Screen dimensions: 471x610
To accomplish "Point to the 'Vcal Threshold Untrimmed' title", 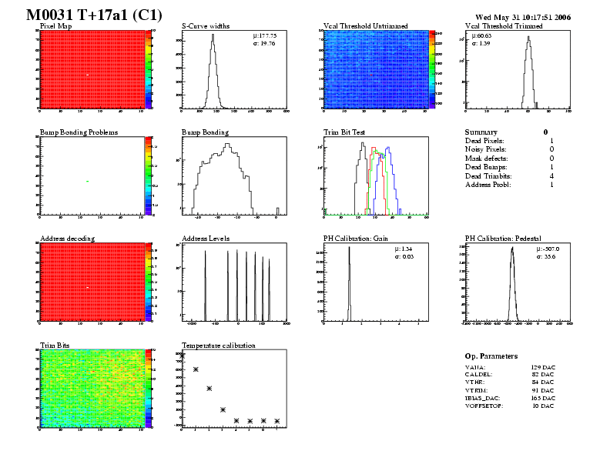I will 365,26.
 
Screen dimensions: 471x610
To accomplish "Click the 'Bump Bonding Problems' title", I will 79,132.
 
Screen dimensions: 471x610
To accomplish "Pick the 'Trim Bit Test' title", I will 344,132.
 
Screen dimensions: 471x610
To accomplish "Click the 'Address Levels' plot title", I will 206,239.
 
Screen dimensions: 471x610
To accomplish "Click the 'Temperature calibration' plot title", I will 219,345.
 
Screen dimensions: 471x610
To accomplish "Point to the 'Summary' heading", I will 481,132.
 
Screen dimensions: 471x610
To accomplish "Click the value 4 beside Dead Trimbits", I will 551,175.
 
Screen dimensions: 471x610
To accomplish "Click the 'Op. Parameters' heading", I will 491,356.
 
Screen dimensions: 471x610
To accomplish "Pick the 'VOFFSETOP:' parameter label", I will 484,406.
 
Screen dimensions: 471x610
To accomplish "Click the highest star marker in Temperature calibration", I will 196,369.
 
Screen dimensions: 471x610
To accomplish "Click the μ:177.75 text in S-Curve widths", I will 265,35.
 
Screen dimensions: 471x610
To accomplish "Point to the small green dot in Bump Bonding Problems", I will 88,181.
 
